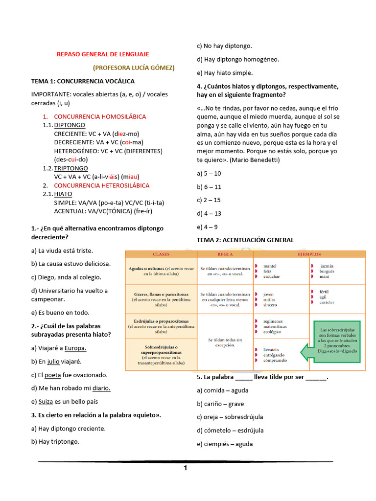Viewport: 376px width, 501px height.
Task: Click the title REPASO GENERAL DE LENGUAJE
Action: pos(103,54)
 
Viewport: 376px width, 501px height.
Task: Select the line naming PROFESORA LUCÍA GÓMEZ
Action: pos(134,68)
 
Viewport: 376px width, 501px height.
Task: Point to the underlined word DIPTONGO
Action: pos(70,125)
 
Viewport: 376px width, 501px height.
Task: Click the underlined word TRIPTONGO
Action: pos(71,168)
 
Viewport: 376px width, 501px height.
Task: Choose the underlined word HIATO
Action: pos(63,194)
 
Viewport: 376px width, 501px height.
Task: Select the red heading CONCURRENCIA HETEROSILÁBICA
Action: pos(102,185)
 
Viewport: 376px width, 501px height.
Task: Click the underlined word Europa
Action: pos(75,348)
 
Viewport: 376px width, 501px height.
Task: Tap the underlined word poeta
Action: pos(53,375)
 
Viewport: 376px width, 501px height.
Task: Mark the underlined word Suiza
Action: pos(46,402)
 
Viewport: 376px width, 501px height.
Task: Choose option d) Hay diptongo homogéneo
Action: pos(238,59)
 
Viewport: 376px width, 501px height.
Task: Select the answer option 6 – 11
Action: pos(209,187)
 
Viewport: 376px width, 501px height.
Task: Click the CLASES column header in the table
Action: pos(161,254)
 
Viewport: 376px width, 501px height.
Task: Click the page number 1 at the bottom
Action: pos(186,468)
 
